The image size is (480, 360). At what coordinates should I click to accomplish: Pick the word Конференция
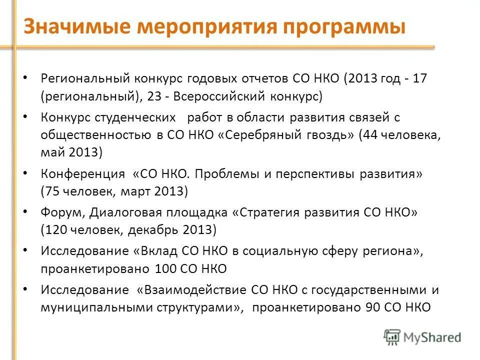click(83, 174)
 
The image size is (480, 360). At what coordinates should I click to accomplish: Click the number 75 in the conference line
click(53, 191)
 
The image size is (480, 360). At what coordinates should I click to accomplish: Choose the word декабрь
click(155, 230)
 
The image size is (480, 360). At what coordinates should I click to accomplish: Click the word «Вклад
click(157, 251)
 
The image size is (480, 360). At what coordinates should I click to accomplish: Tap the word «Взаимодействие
click(180, 290)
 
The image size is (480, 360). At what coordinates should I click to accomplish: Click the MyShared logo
click(422, 337)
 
